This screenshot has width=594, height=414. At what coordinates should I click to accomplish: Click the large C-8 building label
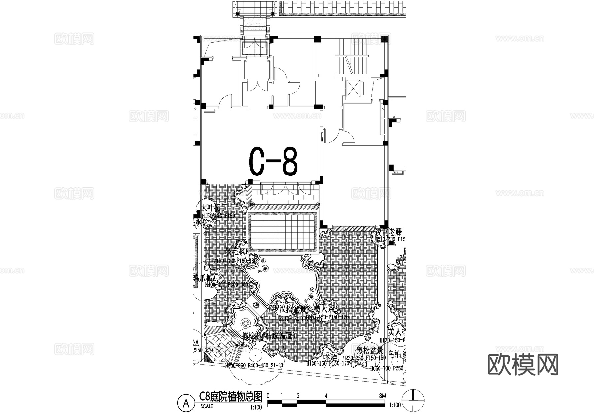click(273, 162)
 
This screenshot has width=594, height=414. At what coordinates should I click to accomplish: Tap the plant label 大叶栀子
click(214, 208)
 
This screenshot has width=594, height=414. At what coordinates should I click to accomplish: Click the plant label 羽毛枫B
click(237, 252)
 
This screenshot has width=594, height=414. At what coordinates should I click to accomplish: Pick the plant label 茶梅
click(330, 358)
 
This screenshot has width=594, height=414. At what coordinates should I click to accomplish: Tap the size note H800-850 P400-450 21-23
click(254, 366)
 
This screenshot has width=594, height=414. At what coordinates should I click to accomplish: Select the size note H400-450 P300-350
click(226, 284)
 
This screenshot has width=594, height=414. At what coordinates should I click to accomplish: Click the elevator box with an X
click(353, 88)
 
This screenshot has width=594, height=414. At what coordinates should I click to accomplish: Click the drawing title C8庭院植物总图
click(230, 396)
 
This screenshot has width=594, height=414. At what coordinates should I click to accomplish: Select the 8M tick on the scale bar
click(382, 396)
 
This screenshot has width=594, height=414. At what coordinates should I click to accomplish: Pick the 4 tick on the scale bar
click(326, 396)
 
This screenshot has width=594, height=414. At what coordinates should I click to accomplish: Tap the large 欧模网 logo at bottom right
click(523, 365)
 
